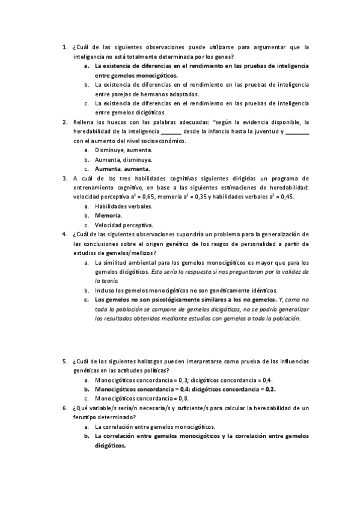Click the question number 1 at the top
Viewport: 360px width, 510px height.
point(64,46)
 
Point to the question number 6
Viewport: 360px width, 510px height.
point(64,408)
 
